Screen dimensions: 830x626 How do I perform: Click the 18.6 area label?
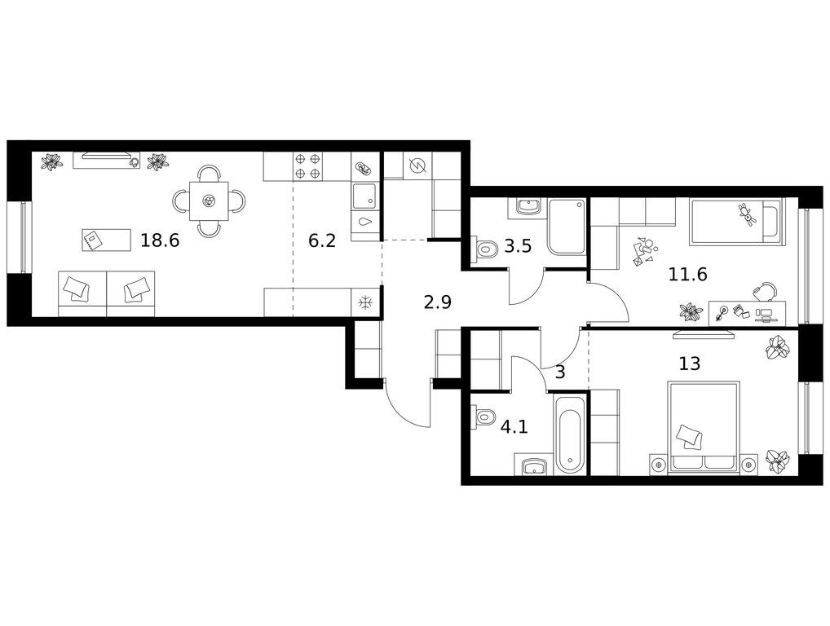coord(160,240)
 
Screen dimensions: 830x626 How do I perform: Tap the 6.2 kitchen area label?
coord(322,241)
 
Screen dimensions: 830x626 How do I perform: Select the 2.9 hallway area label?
coord(438,302)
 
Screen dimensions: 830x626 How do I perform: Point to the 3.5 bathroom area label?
coord(517,246)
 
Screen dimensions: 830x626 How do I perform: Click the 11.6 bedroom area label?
coord(687,274)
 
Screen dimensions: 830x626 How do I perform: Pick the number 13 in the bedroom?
coord(690,364)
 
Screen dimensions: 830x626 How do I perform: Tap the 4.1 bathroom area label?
coord(514,426)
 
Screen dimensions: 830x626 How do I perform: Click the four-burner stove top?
coord(307,165)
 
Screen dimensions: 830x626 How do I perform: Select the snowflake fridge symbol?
coord(365,302)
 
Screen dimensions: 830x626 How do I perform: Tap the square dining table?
coord(210,201)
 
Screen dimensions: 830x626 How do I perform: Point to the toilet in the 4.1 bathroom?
coord(484,417)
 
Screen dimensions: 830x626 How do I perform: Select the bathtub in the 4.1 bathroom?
coord(570,433)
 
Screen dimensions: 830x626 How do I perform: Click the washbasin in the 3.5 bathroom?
coord(526,207)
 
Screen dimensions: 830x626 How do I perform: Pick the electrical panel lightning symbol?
coord(417,166)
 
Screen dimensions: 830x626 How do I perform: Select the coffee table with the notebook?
coord(106,240)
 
